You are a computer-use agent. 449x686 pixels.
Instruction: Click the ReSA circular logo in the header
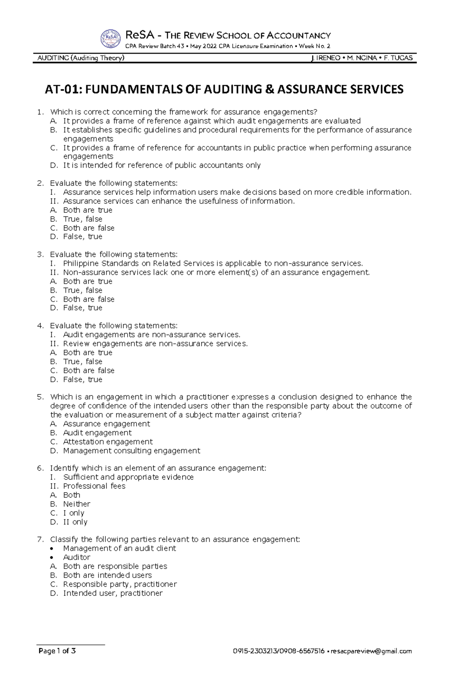pos(110,39)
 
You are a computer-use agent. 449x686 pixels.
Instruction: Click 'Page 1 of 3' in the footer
pos(57,651)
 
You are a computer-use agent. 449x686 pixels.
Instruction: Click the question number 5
pos(40,397)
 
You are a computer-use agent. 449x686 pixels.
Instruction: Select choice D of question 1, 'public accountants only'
pos(162,165)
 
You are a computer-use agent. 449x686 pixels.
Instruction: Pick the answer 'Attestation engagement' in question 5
pos(108,442)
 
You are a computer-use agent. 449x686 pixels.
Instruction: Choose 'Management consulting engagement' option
pos(131,451)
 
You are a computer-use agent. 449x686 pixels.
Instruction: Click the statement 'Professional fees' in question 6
pos(94,486)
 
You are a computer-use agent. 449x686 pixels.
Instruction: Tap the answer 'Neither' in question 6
pos(77,504)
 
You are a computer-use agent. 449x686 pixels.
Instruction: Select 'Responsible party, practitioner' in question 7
pos(120,584)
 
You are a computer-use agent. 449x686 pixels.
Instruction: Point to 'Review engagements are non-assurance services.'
pos(155,344)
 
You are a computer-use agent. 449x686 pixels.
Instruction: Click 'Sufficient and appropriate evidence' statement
pos(128,477)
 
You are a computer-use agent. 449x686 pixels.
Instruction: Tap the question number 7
pos(40,539)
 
